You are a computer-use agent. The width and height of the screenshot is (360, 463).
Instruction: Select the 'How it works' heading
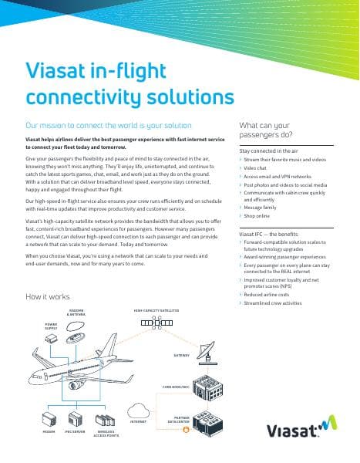(x=48, y=296)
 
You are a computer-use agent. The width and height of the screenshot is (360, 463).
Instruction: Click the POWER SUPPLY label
(x=51, y=326)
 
